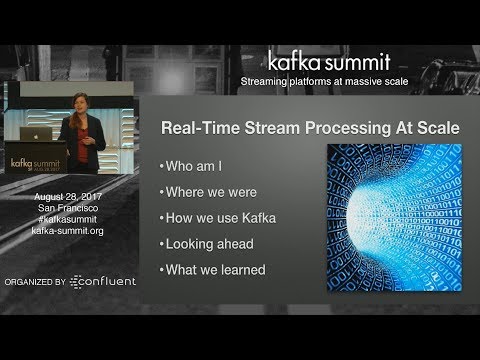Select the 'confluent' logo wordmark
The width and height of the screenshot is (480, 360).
[106, 282]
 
